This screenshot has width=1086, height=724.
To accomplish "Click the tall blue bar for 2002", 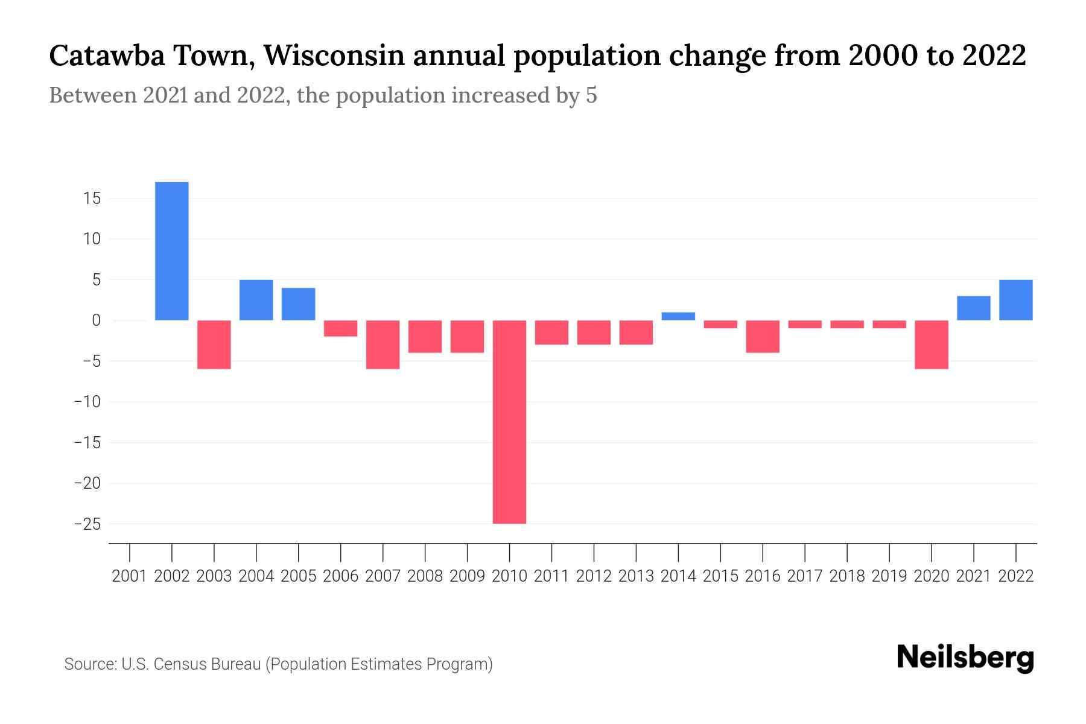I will (172, 251).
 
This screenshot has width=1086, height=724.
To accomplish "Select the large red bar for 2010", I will (509, 422).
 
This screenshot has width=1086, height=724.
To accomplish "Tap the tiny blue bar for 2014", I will (678, 316).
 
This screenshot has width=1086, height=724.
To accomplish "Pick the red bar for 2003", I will (214, 345).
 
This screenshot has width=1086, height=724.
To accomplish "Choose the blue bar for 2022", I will (1016, 300).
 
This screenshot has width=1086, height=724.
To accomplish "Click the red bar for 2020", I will (932, 345).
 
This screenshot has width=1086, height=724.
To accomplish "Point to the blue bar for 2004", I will (256, 300).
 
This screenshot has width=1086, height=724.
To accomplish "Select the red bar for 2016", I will (763, 336).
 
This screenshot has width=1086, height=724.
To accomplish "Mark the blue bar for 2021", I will (974, 308).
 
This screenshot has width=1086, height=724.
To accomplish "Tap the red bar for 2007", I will (383, 345).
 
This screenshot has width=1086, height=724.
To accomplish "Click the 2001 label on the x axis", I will (130, 576).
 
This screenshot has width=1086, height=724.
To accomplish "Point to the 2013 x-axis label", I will (636, 576).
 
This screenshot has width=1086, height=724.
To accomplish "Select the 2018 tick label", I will (847, 576).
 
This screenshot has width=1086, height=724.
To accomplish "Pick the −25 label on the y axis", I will (87, 524).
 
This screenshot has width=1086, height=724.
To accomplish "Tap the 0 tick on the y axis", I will (96, 320).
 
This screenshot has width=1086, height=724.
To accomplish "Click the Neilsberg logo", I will (965, 658).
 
